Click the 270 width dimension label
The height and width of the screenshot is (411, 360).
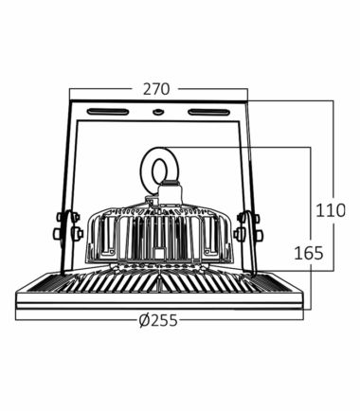click(x=156, y=89)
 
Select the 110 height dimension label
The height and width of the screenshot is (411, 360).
click(x=331, y=210)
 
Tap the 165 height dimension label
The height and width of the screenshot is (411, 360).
click(x=309, y=253)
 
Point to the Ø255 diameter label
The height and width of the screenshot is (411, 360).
click(x=158, y=321)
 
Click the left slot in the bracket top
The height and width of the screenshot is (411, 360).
click(x=108, y=112)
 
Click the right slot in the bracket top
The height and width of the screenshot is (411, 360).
click(x=208, y=112)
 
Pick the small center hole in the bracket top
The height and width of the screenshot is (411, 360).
click(x=157, y=112)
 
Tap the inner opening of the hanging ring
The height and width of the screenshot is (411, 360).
click(x=159, y=170)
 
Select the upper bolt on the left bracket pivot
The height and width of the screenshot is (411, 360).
click(x=60, y=217)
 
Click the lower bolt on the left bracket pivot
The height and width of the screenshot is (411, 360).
click(x=57, y=233)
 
